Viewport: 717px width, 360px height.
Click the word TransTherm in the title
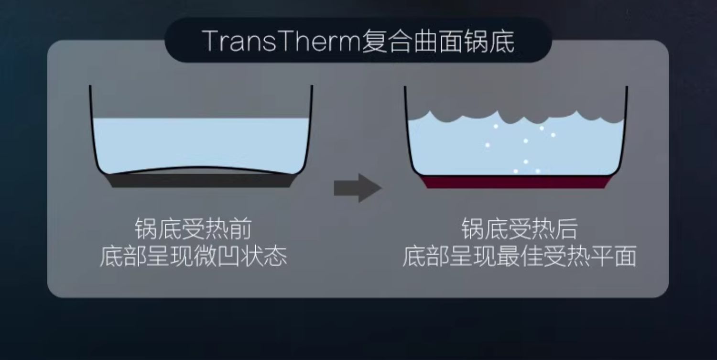tap(282, 41)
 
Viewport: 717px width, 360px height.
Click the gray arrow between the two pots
tap(358, 187)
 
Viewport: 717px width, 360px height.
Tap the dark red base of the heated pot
tap(516, 182)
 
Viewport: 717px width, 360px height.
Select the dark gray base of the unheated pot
tap(201, 180)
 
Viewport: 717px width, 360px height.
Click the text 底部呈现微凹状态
tap(193, 257)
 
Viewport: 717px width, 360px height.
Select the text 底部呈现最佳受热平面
tap(519, 257)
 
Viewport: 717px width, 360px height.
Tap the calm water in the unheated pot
tap(201, 143)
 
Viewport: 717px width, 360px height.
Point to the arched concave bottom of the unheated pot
tap(201, 168)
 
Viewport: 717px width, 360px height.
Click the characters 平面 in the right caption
tap(613, 257)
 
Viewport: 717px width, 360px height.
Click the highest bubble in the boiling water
tap(496, 126)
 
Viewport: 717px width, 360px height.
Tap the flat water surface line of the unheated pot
tap(201, 119)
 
